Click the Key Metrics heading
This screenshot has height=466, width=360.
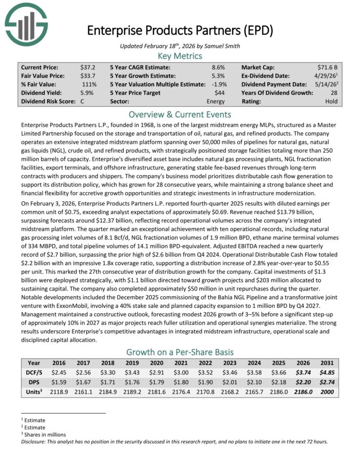[x=180, y=56]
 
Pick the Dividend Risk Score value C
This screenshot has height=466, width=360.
[x=82, y=101]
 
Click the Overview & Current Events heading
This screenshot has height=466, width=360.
[x=180, y=114]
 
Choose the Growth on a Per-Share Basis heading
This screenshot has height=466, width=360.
[x=180, y=352]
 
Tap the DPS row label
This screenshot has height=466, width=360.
[x=34, y=382]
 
